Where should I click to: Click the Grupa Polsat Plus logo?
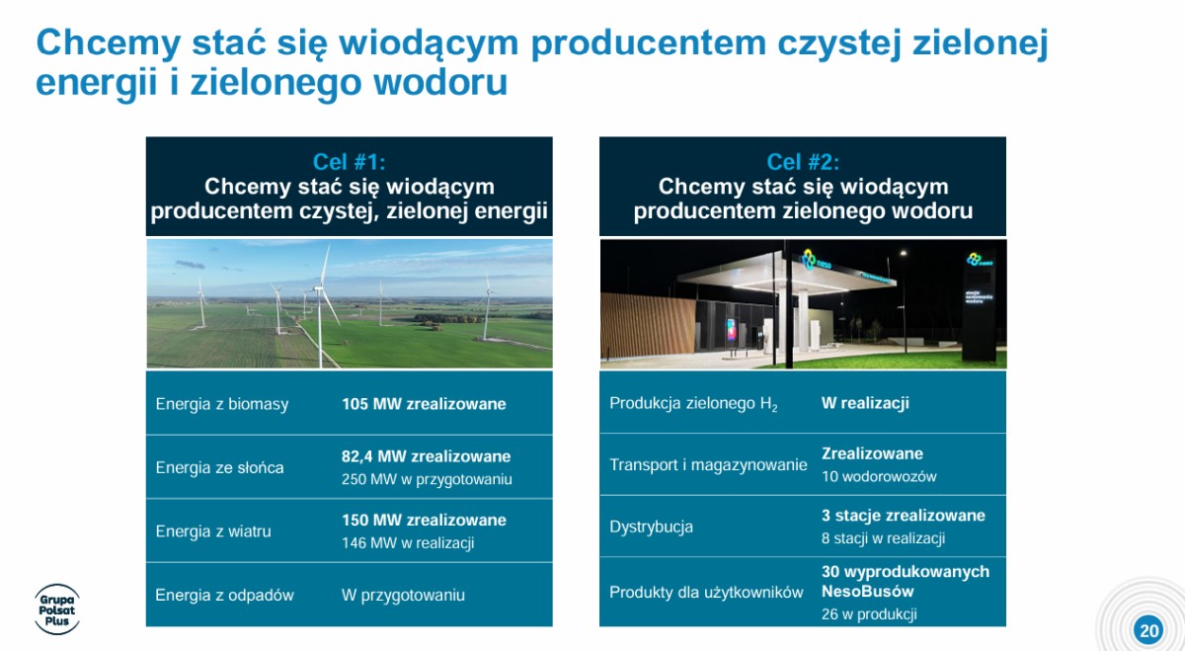57,610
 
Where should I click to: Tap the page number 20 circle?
1148,630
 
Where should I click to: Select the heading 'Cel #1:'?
350,162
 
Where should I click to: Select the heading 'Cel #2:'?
803,162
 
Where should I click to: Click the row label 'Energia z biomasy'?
222,404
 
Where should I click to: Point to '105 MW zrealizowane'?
424,404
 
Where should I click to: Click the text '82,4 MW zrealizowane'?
426,456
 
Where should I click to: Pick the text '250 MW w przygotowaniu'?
427,479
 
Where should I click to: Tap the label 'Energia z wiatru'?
213,530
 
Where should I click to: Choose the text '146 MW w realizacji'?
408,543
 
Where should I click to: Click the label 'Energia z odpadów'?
224,595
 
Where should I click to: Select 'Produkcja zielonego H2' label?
693,404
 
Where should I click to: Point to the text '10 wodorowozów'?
879,476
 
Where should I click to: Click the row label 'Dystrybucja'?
651,527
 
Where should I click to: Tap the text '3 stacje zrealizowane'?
903,515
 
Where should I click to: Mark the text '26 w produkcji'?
869,613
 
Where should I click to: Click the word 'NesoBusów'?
868,591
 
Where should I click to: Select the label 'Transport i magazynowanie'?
708,464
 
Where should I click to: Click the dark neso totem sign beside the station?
979,306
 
